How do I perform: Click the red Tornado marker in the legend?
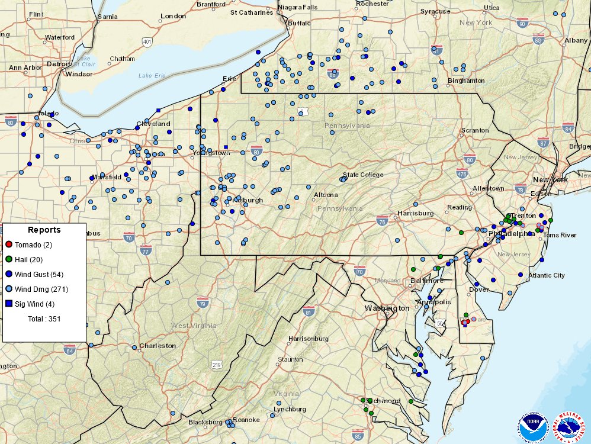coord(8,244)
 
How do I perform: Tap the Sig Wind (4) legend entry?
coord(34,304)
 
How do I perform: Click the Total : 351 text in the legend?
coord(44,318)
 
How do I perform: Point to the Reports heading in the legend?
coord(44,230)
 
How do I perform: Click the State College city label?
coord(363,175)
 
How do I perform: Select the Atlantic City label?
coord(547,275)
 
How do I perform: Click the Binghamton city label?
coord(466,81)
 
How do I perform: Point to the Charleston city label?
coord(158,346)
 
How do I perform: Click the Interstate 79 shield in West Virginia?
coord(203,304)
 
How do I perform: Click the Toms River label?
coord(560,235)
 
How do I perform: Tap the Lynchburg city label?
coord(290,409)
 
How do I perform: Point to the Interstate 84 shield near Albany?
coord(568,128)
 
